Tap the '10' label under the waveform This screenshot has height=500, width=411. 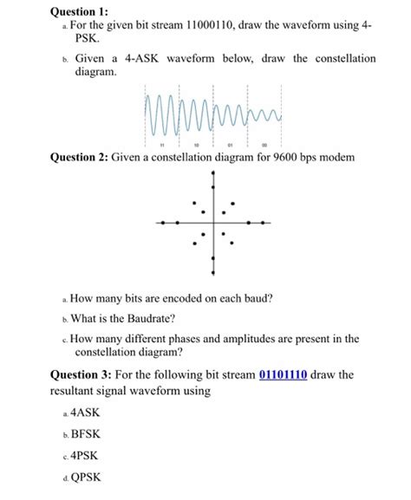(x=199, y=145)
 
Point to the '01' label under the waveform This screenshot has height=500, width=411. (x=227, y=145)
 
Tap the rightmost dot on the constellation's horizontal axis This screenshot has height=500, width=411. (x=264, y=223)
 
